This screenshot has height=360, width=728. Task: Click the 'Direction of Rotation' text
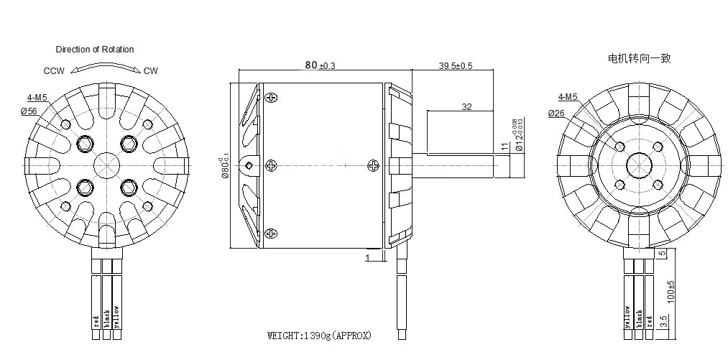(x=95, y=50)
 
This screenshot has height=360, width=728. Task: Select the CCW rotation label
(x=54, y=71)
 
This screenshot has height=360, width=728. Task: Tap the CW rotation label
(x=150, y=70)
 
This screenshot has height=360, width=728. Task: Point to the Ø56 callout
(x=29, y=111)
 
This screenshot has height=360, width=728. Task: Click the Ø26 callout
(x=556, y=114)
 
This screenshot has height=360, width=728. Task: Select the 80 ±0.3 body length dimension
(x=320, y=65)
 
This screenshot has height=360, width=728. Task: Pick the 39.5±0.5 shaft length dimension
(x=456, y=65)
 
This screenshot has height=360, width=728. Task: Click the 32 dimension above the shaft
(x=466, y=106)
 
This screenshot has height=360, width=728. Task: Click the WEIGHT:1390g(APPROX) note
(x=320, y=336)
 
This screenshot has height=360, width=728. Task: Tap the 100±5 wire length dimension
(x=671, y=291)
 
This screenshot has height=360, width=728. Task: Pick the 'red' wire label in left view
(x=96, y=320)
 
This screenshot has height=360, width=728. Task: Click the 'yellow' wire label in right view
(x=627, y=318)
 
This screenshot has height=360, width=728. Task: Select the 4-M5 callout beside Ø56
(x=37, y=97)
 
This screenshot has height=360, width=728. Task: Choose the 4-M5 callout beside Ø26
(x=567, y=97)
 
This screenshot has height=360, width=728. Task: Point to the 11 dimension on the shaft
(x=505, y=147)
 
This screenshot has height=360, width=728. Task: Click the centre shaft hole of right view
(x=639, y=165)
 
